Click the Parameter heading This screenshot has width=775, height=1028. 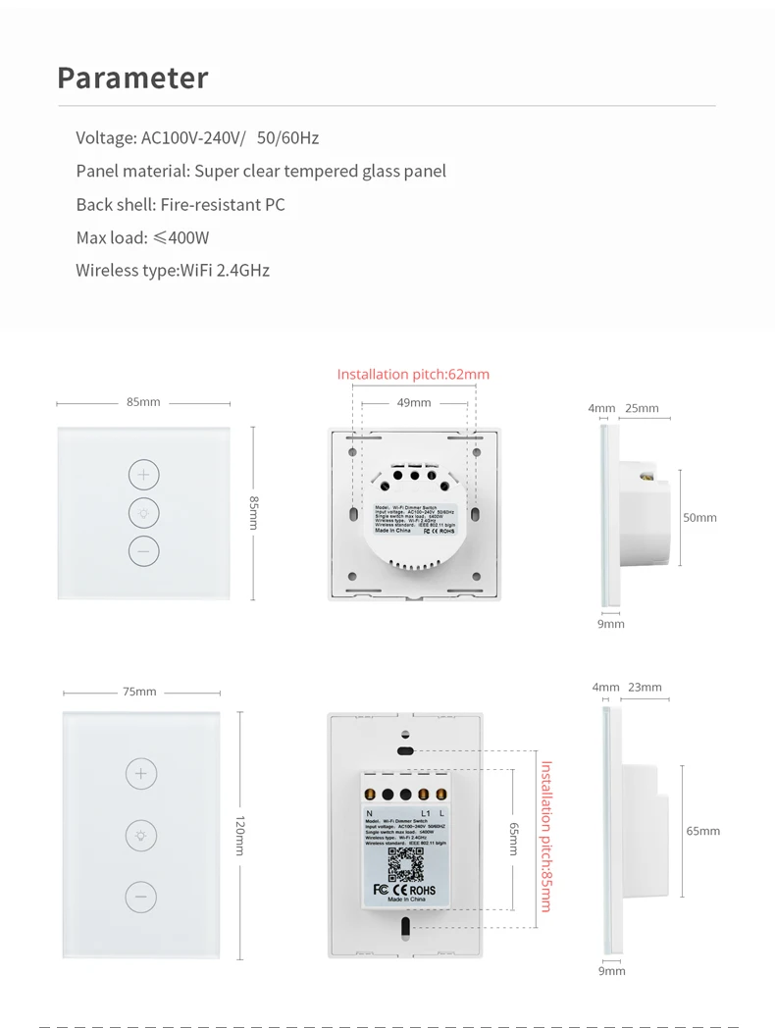coord(132,78)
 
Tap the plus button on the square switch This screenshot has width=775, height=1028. coord(143,476)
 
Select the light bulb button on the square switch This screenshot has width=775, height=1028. coord(143,513)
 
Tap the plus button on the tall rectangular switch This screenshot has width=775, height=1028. coord(140,774)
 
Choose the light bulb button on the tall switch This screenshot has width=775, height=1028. coord(140,835)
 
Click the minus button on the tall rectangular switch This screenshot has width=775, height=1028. coord(140,896)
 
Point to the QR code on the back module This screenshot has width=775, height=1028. coord(404,863)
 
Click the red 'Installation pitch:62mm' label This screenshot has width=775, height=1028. coord(413,374)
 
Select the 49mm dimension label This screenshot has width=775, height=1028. coord(413,402)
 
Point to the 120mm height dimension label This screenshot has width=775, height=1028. coord(238,835)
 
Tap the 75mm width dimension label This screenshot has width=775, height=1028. coord(139,692)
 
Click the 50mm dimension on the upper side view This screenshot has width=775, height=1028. coord(699,517)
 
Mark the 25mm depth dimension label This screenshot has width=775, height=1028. coord(643,408)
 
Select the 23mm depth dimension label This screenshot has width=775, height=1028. coord(645,688)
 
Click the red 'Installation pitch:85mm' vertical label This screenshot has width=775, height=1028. coord(546,836)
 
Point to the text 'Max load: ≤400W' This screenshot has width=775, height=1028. coord(142,237)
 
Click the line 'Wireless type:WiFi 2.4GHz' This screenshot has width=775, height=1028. coord(173,270)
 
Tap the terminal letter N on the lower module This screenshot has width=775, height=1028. coord(369,813)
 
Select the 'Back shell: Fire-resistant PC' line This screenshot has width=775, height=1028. coord(181,204)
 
